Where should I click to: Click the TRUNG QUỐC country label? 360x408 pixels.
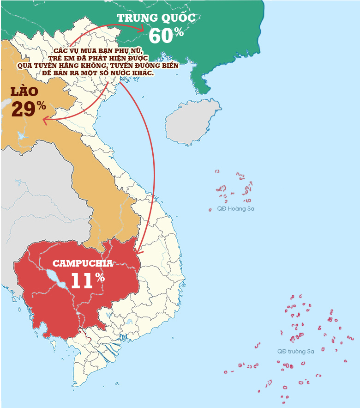pos(156,18)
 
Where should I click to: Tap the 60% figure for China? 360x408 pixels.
pos(166,36)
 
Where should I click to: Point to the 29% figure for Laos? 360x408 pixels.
pos(28,109)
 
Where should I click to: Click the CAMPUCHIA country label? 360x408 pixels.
pos(83,264)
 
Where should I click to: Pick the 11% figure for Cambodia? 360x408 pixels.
pos(87,280)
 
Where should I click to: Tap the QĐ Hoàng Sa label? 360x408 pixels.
pos(235,209)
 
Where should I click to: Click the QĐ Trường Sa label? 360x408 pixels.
pos(295,352)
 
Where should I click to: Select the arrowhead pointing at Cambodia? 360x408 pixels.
pos(140,251)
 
